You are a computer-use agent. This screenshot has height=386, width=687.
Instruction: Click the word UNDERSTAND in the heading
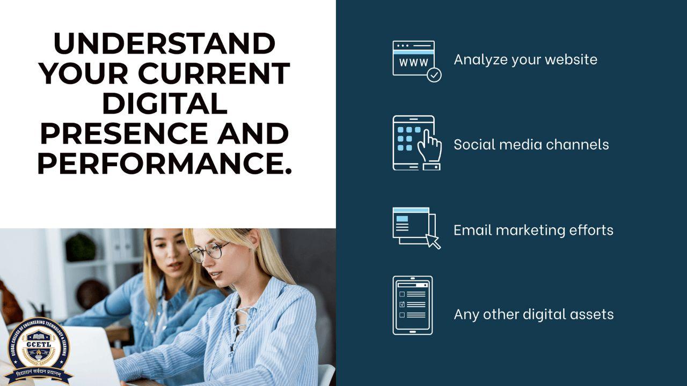pyautogui.click(x=164, y=44)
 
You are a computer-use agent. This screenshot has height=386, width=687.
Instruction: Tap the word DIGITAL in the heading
pyautogui.click(x=164, y=103)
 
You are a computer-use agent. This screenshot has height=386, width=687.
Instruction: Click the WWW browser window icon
pyautogui.click(x=413, y=58)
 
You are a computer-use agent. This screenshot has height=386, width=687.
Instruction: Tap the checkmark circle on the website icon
pyautogui.click(x=434, y=75)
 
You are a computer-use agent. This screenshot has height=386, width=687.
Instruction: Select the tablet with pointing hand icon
pyautogui.click(x=416, y=143)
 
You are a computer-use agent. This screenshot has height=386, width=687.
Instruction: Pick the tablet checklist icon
pyautogui.click(x=412, y=306)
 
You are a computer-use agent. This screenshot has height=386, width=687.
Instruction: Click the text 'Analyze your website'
pyautogui.click(x=525, y=59)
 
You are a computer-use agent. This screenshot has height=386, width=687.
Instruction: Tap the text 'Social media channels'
pyautogui.click(x=531, y=144)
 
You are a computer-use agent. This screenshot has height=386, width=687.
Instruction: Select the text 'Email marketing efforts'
pyautogui.click(x=533, y=230)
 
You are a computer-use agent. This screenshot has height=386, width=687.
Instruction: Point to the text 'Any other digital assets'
pyautogui.click(x=533, y=314)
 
